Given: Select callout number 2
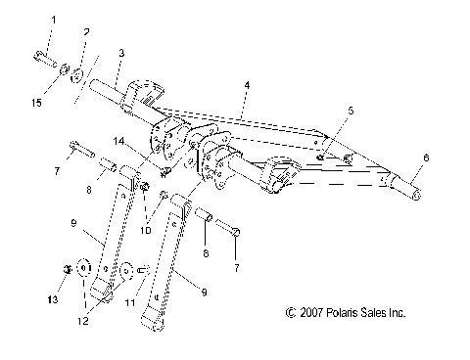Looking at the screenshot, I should pos(86,32).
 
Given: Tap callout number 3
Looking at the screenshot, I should pos(120,52).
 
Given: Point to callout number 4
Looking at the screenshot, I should pos(248,87).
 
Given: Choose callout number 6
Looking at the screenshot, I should pos(425,157).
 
